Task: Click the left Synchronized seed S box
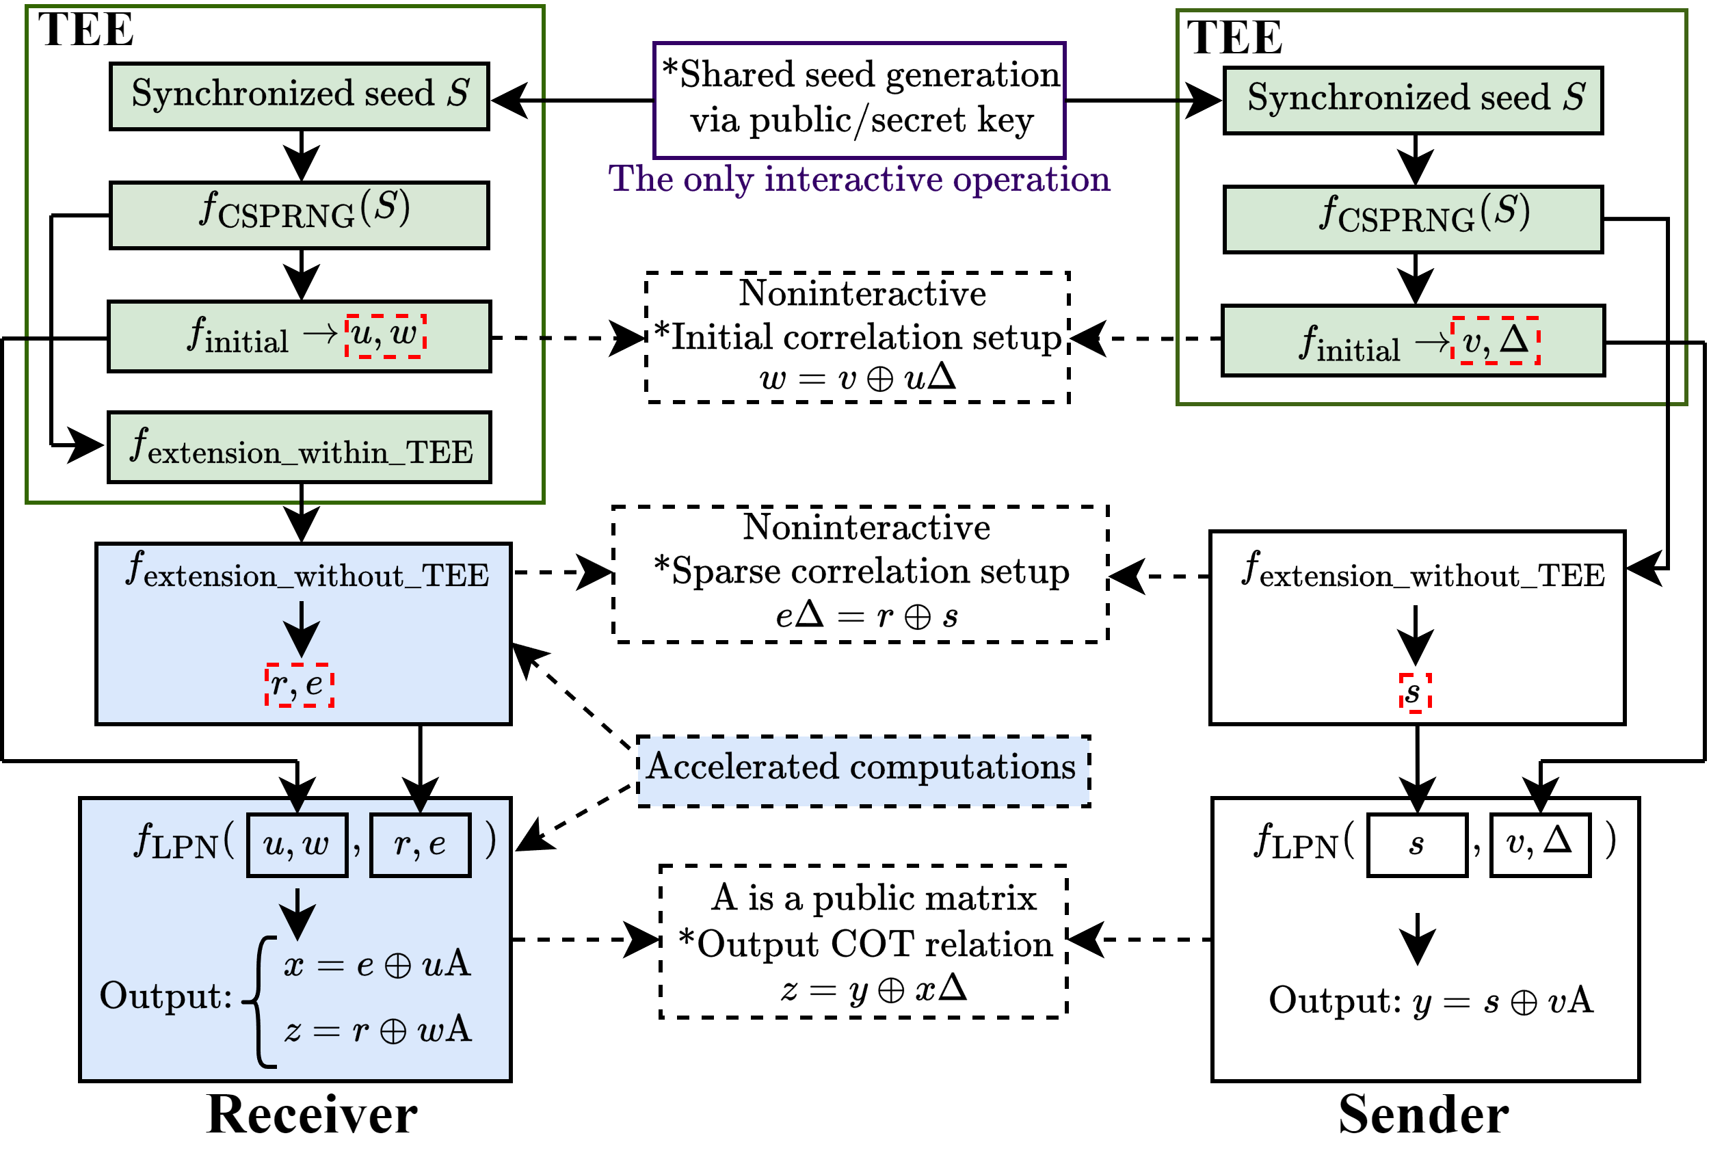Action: tap(300, 96)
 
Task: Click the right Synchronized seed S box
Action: tap(1412, 101)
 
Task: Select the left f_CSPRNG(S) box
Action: tap(300, 215)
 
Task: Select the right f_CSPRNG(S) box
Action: tap(1412, 219)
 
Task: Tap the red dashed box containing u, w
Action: tap(385, 336)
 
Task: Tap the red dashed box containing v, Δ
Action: tap(1495, 341)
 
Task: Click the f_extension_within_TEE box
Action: tap(300, 447)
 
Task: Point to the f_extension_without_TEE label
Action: tap(306, 570)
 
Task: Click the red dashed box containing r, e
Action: tap(300, 685)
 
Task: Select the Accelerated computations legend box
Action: tap(862, 771)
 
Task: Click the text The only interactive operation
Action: tap(859, 179)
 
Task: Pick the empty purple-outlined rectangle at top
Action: tap(859, 100)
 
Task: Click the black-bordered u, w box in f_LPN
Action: tap(297, 845)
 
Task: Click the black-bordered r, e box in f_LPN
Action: tap(420, 845)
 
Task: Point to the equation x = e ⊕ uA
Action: tap(377, 964)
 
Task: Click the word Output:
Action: tap(165, 996)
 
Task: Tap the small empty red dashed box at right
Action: tap(1415, 693)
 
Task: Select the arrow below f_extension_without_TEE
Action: tap(302, 628)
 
